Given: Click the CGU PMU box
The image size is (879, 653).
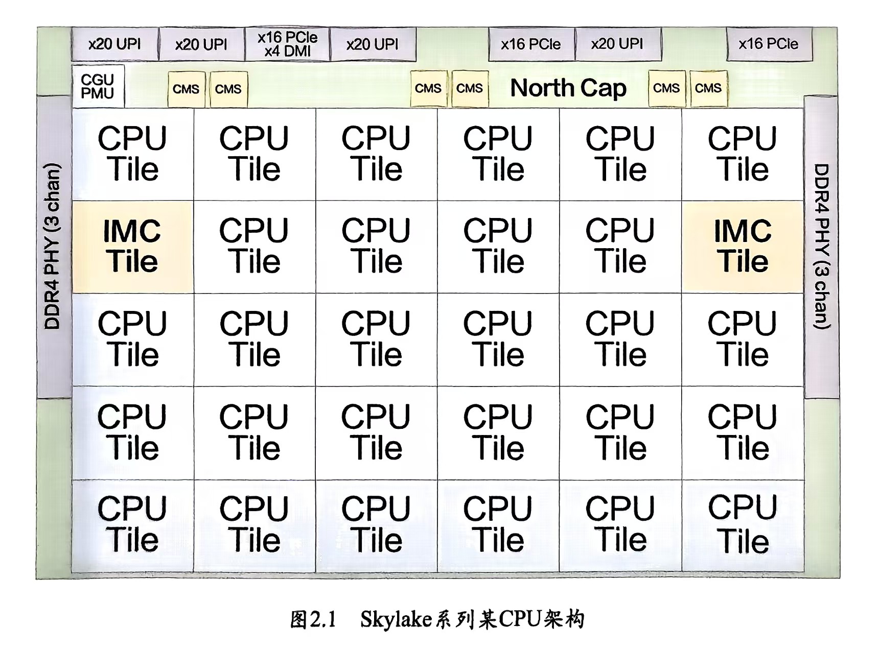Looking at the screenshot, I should [98, 86].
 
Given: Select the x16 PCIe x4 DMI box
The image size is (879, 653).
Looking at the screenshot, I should [287, 44].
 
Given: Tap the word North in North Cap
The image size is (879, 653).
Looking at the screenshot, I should [542, 88].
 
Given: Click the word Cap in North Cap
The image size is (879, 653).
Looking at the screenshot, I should [603, 89].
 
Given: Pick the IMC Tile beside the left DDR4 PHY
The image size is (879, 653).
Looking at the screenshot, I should [132, 247].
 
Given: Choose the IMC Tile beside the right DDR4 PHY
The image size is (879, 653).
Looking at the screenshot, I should [743, 247].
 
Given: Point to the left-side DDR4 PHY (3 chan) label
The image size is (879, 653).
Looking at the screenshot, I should [53, 246].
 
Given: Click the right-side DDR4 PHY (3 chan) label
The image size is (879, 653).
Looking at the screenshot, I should [821, 246].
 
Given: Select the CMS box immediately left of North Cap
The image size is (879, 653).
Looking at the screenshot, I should [470, 89].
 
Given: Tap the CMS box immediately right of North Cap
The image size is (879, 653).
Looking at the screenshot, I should [666, 89].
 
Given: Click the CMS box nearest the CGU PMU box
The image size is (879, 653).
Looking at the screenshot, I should [186, 89].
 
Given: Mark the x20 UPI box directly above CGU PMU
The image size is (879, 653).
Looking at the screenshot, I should [115, 44].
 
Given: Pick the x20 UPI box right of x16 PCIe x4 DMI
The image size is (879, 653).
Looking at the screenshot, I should [373, 44].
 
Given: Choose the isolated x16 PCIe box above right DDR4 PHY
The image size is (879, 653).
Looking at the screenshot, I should [769, 44].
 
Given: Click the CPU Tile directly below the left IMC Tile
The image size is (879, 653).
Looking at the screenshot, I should [132, 340].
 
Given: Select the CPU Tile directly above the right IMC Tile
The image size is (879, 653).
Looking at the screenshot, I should [743, 154].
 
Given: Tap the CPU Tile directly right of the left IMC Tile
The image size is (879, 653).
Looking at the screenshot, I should [254, 247].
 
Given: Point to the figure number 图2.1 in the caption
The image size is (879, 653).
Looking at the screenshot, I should [313, 620].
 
